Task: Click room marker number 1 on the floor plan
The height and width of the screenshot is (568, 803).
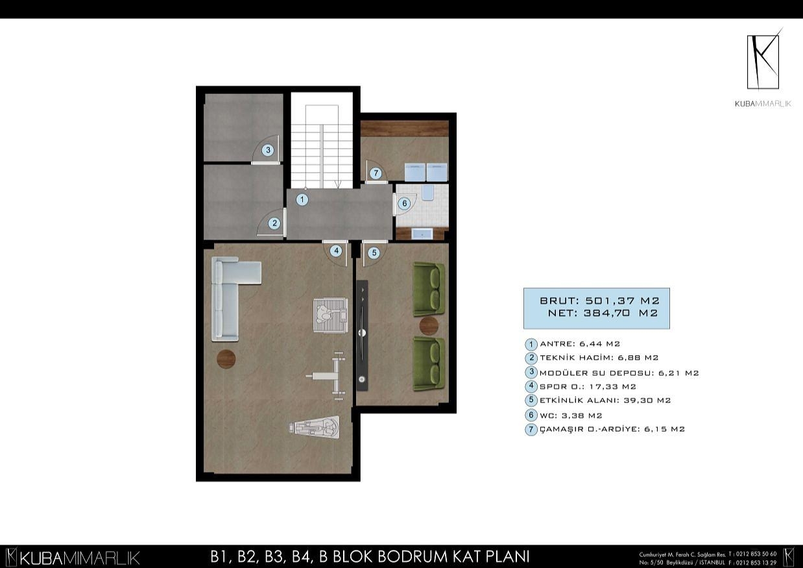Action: click(x=302, y=200)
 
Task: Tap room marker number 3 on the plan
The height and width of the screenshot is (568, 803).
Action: click(x=268, y=151)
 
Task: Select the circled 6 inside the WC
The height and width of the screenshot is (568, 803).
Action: click(x=404, y=203)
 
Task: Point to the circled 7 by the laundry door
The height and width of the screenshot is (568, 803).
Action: click(x=376, y=173)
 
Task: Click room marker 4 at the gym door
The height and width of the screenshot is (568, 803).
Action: click(x=336, y=251)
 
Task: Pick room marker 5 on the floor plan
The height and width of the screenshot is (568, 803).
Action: click(x=374, y=253)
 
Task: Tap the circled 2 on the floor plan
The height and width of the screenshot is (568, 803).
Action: click(x=274, y=223)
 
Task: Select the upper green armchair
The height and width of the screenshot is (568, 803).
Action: click(x=428, y=288)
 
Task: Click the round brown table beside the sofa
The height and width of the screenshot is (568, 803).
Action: click(x=226, y=358)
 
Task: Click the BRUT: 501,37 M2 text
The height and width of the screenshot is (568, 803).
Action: click(x=599, y=301)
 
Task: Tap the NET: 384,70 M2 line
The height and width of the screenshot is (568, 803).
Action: click(x=603, y=314)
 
